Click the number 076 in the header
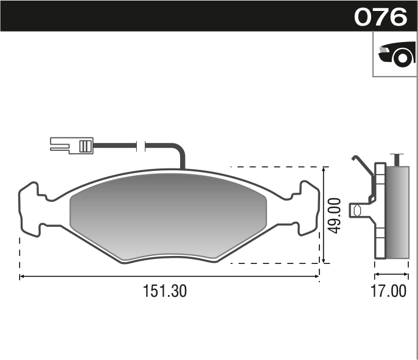(x=380, y=16)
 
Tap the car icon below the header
(x=395, y=54)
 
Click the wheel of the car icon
(x=402, y=58)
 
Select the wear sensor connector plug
(x=71, y=145)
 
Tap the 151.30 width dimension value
(x=164, y=291)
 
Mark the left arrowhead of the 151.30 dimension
(x=23, y=277)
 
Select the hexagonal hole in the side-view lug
(x=357, y=210)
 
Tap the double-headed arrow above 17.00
(x=391, y=266)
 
